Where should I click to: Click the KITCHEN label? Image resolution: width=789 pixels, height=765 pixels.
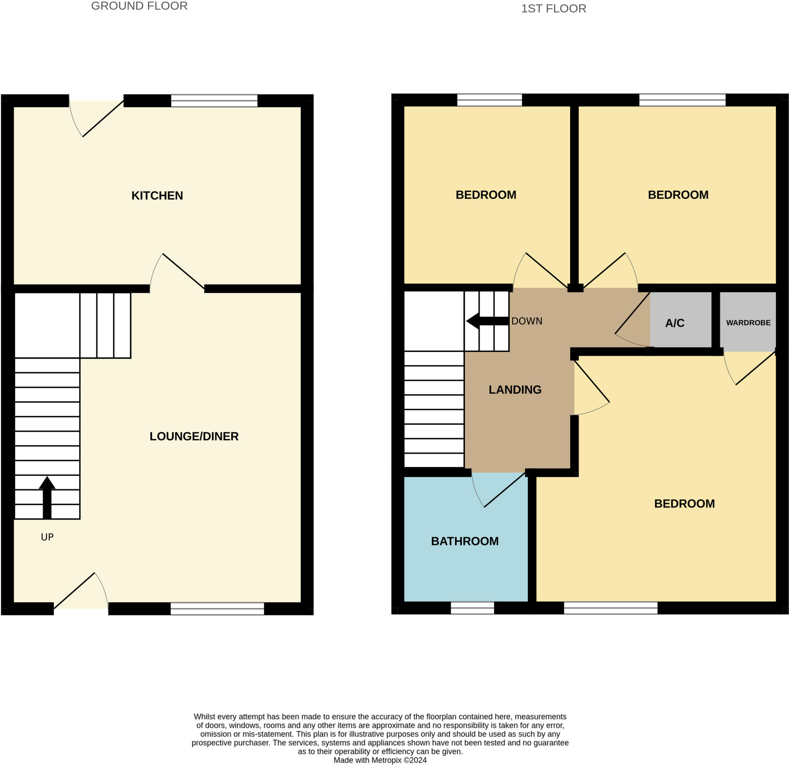157,196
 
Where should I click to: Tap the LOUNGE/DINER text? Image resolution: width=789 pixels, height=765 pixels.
194,436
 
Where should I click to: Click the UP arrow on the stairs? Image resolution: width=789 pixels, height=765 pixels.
47,498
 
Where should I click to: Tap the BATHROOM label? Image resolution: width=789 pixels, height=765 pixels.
465,541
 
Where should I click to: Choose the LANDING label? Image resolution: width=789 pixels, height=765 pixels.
515,390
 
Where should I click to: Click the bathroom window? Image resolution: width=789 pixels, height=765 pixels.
472,608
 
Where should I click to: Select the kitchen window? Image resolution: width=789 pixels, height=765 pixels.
214,101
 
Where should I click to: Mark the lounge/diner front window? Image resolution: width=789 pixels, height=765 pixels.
217,609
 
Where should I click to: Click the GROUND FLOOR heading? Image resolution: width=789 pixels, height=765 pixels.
139,6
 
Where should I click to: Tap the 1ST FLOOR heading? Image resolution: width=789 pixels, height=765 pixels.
554,8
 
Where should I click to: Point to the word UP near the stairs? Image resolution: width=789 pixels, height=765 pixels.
47,537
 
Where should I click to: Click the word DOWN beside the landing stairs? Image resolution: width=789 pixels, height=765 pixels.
527,321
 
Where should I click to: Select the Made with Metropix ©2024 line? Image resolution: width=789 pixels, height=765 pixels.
380,760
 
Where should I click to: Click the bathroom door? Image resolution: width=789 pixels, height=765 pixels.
504,489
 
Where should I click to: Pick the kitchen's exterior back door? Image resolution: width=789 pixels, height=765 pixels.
102,119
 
